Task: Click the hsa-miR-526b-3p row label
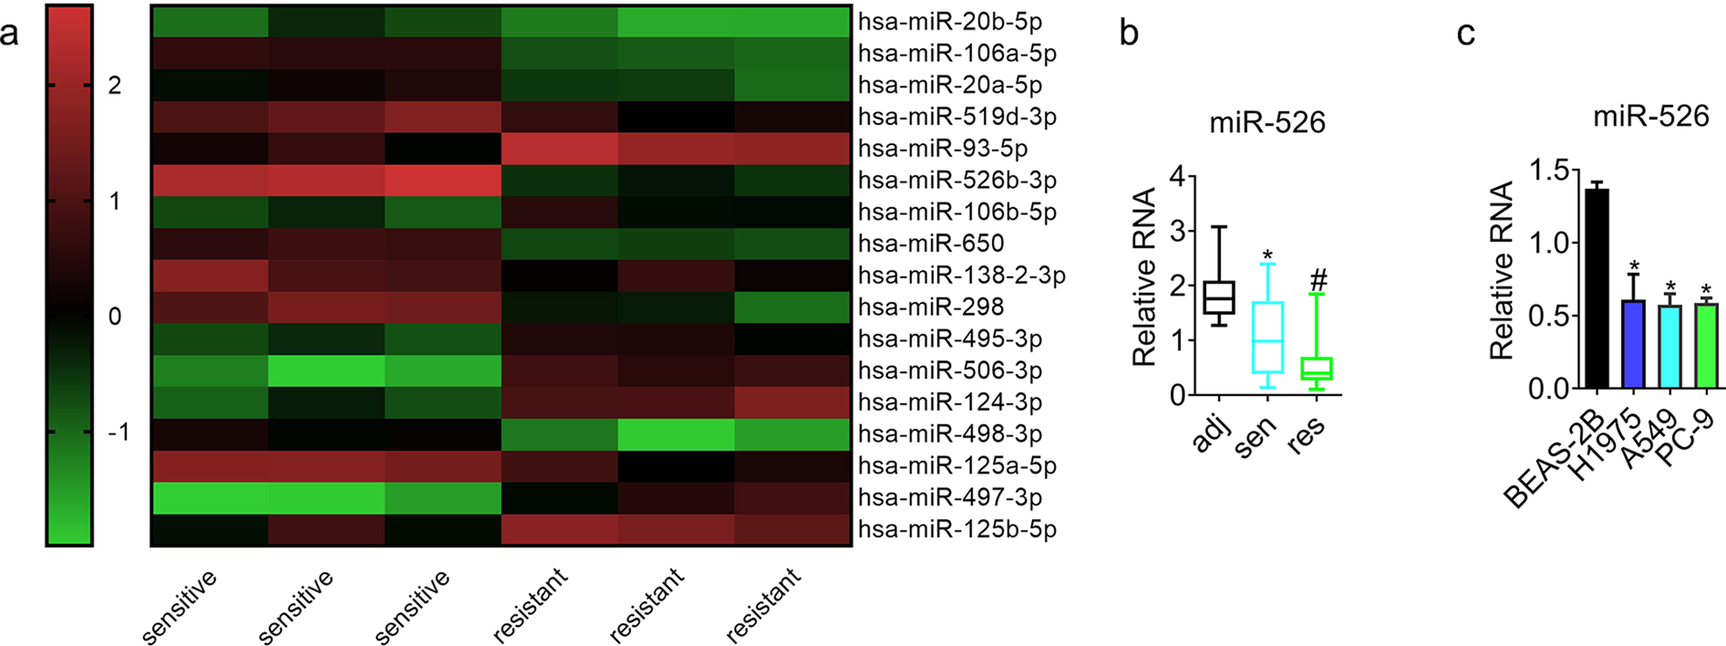click(957, 180)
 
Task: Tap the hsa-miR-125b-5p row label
click(957, 529)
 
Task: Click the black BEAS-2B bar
click(1596, 288)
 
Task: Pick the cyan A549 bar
click(1669, 346)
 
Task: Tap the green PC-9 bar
click(1706, 345)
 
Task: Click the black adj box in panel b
click(1219, 297)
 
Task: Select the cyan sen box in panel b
click(1267, 337)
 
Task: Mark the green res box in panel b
click(1316, 368)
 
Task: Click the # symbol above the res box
click(1319, 281)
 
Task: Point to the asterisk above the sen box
click(1267, 256)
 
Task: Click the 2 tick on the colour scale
click(114, 86)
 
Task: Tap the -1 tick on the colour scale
click(118, 432)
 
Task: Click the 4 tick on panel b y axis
click(1177, 177)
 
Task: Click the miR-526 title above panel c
click(1650, 115)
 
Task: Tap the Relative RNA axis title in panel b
click(1144, 276)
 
